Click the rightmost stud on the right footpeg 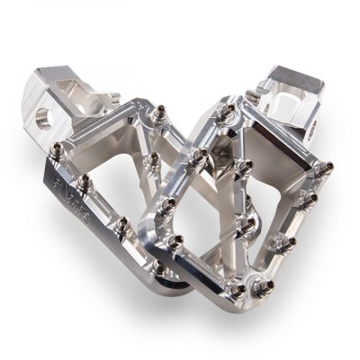pos(326,167)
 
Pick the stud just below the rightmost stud pos(315,200)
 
